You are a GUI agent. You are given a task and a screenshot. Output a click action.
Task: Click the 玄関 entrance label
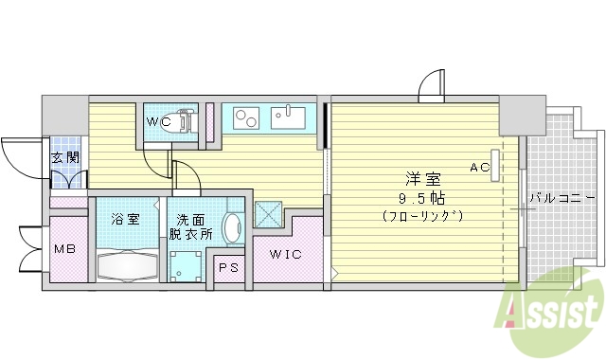(64, 158)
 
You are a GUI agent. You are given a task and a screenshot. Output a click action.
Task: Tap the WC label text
(157, 122)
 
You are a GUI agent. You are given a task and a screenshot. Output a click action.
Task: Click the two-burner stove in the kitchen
(246, 119)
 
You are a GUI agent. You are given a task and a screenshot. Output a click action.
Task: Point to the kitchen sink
(288, 118)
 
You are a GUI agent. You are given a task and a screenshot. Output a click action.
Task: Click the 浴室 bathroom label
(125, 220)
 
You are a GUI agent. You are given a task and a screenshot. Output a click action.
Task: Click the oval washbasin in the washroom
(232, 228)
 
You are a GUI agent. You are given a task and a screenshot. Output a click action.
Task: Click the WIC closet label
(285, 254)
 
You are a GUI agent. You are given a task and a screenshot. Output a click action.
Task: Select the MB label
(65, 250)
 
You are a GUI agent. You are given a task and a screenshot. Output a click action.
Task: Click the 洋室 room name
(421, 177)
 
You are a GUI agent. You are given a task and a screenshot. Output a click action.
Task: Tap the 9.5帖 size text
(422, 197)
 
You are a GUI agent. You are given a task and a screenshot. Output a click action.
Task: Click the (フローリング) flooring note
(422, 216)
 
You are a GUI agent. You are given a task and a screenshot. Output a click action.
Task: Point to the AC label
(479, 168)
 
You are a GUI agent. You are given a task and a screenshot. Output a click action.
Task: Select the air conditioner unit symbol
(495, 161)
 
